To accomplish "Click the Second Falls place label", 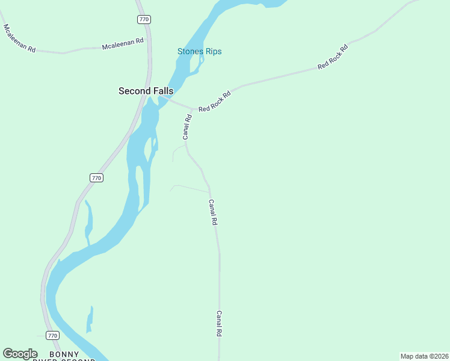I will (146, 91).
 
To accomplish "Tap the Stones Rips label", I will (199, 51).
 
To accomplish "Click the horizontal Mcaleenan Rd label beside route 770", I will (123, 43).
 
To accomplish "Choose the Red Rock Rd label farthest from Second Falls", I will (333, 57).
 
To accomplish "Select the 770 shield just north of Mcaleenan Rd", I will (144, 19).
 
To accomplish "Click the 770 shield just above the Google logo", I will (52, 335).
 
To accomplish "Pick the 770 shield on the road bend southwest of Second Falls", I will (96, 177).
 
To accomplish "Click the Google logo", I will (20, 354).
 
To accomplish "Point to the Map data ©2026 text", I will (424, 356).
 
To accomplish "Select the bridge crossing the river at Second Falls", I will (163, 98).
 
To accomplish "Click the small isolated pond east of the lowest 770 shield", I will (90, 319).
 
